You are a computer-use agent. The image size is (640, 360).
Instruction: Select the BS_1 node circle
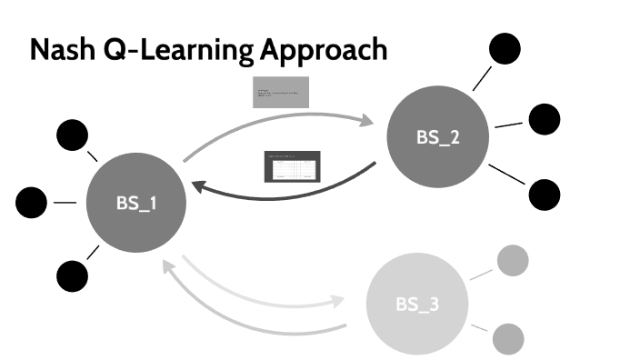click(x=136, y=202)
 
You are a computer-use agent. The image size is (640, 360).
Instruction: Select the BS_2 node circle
click(x=437, y=137)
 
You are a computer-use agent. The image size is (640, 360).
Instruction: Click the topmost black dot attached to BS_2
click(x=505, y=49)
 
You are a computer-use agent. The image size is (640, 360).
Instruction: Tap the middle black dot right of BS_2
click(x=544, y=119)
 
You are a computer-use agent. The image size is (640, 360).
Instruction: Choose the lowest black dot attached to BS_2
click(x=544, y=194)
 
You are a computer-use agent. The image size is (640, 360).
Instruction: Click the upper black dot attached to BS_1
click(x=72, y=135)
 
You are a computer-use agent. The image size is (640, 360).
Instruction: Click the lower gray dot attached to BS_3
click(x=509, y=339)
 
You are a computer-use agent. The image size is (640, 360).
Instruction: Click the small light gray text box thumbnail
click(x=281, y=92)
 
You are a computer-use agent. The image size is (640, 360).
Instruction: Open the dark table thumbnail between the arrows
click(x=292, y=167)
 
